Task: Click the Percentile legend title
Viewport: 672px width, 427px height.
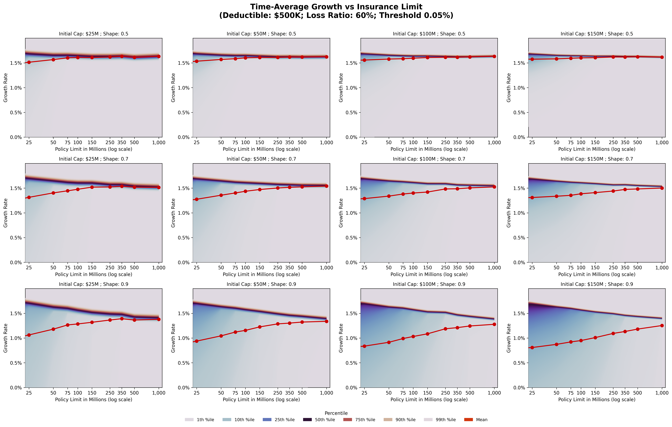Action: pos(336,413)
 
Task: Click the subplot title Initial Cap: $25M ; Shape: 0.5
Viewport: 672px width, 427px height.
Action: pos(94,34)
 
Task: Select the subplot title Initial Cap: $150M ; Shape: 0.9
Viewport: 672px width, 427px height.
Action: pos(597,284)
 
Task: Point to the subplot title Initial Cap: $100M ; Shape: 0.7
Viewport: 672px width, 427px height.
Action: pos(429,159)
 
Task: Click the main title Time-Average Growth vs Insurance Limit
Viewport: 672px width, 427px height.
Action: pos(336,7)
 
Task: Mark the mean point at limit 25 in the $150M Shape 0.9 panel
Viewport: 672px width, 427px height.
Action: pos(532,347)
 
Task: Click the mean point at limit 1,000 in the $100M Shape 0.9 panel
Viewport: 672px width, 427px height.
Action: pos(494,324)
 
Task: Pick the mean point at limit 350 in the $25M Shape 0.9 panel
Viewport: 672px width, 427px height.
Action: pos(122,319)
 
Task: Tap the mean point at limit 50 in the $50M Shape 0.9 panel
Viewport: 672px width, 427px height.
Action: pos(221,336)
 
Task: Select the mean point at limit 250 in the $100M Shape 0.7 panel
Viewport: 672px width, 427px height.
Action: pos(445,189)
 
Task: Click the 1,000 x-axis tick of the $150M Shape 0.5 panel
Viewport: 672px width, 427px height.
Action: pos(662,142)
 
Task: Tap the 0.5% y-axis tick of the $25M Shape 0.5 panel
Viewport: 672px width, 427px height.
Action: pos(16,113)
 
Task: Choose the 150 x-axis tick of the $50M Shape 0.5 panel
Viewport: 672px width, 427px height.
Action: pos(259,142)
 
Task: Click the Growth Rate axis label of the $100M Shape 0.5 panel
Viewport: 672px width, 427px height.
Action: pos(341,88)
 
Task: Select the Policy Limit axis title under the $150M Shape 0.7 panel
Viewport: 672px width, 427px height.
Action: pos(597,274)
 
